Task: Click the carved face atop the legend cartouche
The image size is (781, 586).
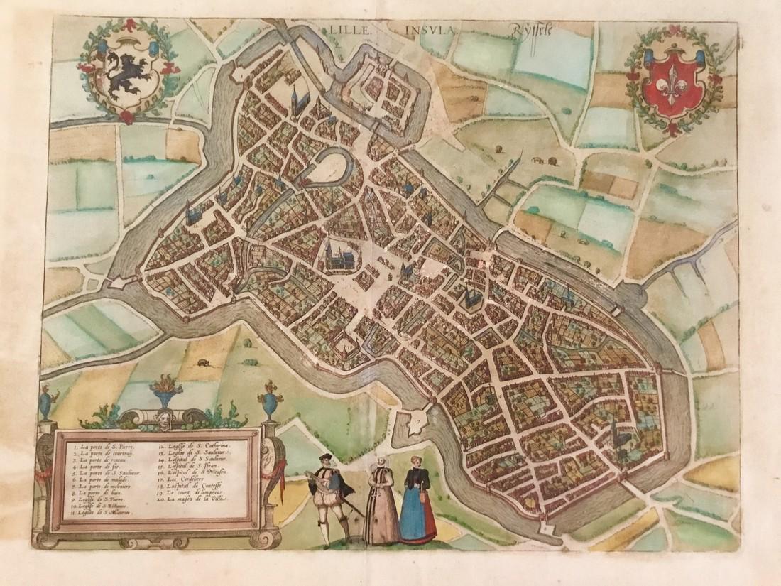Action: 165,418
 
